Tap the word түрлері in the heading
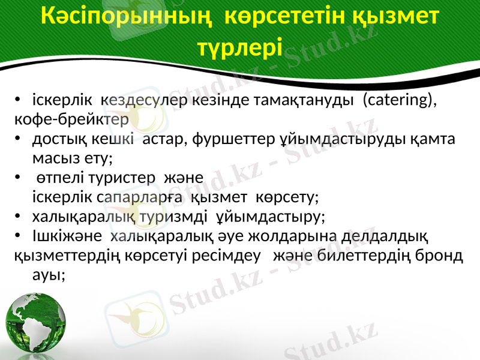(239, 46)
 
